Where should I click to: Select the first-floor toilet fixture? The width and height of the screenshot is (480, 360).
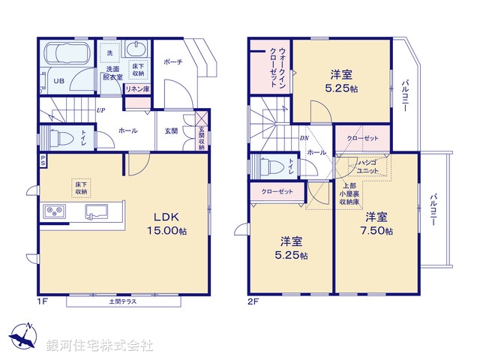(62, 137)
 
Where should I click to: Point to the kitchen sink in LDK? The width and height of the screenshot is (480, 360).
(96, 211)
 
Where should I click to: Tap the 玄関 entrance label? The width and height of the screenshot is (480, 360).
(171, 131)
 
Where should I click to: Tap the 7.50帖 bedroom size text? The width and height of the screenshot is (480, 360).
(376, 230)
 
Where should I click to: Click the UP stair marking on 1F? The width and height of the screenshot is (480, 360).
(100, 111)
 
